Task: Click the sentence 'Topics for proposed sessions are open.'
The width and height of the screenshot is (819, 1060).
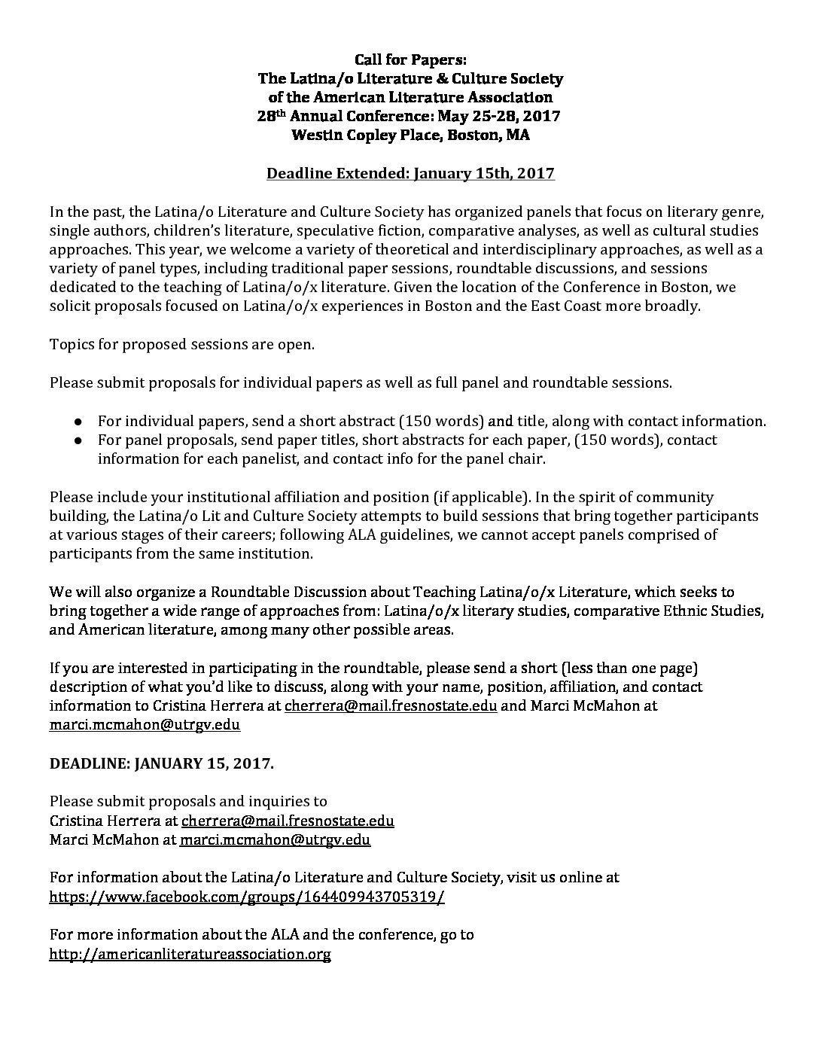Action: tap(182, 344)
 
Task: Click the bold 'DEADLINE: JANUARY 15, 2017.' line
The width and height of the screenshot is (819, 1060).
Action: tap(162, 764)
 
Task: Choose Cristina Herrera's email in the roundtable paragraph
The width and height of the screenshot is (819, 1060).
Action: tap(391, 706)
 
